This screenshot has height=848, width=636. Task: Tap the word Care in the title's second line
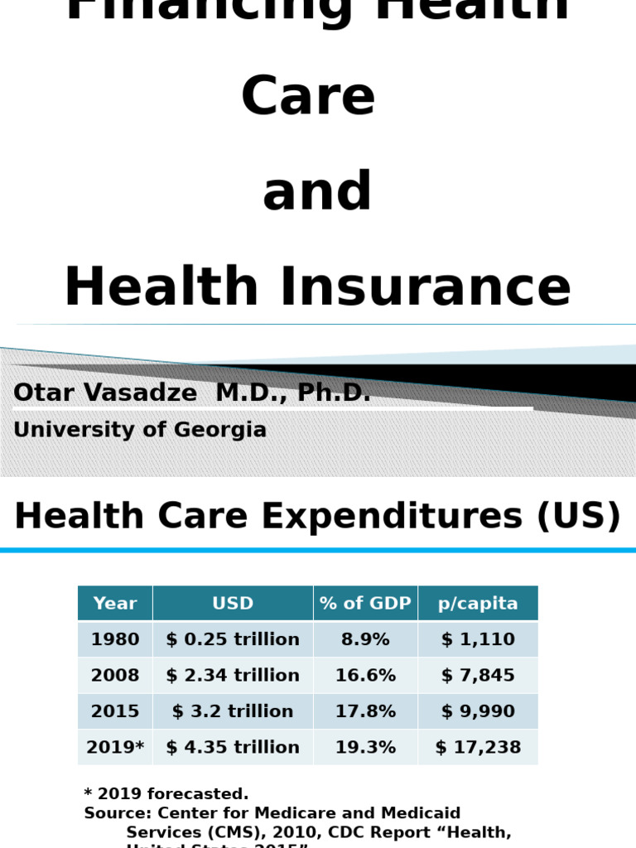click(308, 95)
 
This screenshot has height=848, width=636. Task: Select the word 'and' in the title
click(317, 191)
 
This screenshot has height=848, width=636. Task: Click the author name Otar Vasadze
click(105, 393)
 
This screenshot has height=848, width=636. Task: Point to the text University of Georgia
click(140, 430)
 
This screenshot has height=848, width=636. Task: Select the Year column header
click(115, 604)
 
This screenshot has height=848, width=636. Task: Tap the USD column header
click(233, 604)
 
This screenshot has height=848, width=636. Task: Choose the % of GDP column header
click(365, 604)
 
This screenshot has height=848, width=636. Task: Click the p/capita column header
click(478, 604)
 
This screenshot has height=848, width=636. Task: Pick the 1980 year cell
click(115, 639)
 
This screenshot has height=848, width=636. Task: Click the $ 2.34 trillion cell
click(233, 676)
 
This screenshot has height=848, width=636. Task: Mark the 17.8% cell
click(365, 711)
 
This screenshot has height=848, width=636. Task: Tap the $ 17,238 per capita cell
click(478, 748)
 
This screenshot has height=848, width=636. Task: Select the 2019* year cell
click(115, 748)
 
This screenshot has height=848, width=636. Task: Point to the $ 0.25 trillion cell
click(233, 639)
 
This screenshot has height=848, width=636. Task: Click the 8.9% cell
click(365, 639)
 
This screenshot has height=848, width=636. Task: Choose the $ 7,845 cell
click(478, 676)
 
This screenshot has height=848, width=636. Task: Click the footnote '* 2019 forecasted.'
click(166, 794)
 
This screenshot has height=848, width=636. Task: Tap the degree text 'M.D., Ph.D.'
click(293, 393)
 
